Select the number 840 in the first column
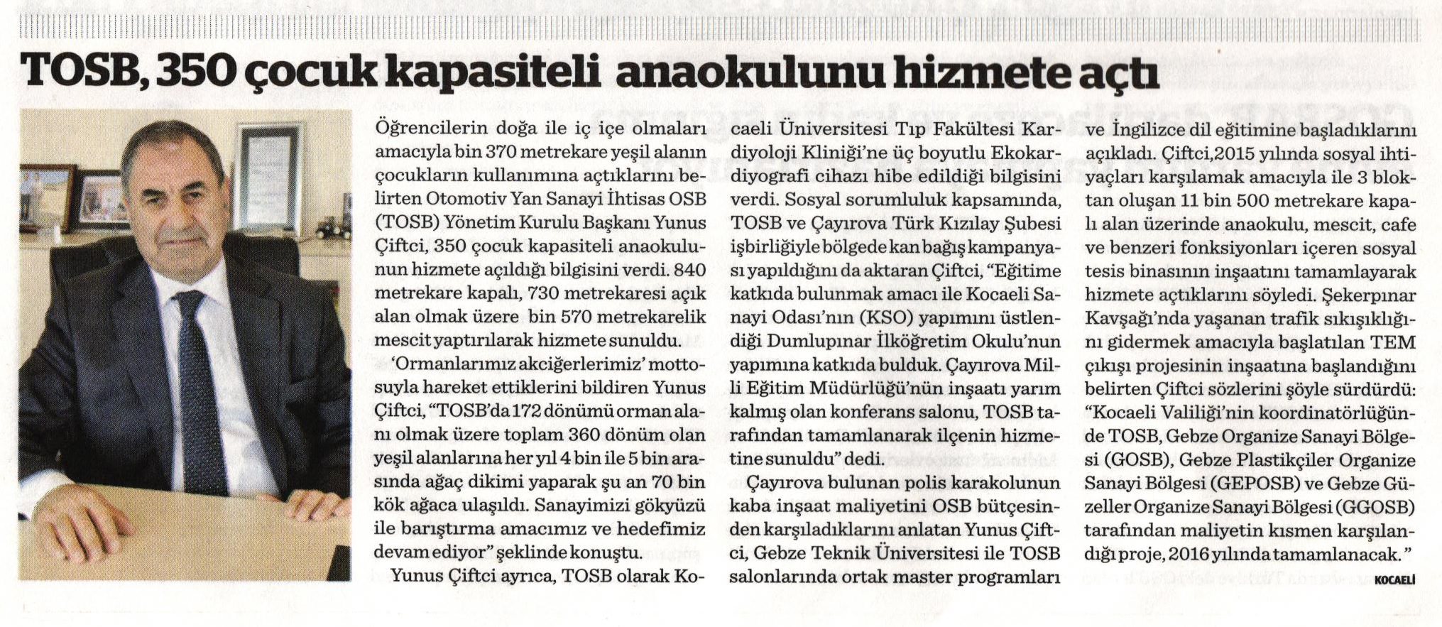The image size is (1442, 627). click(x=689, y=270)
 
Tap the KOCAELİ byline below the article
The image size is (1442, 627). click(x=1394, y=580)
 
